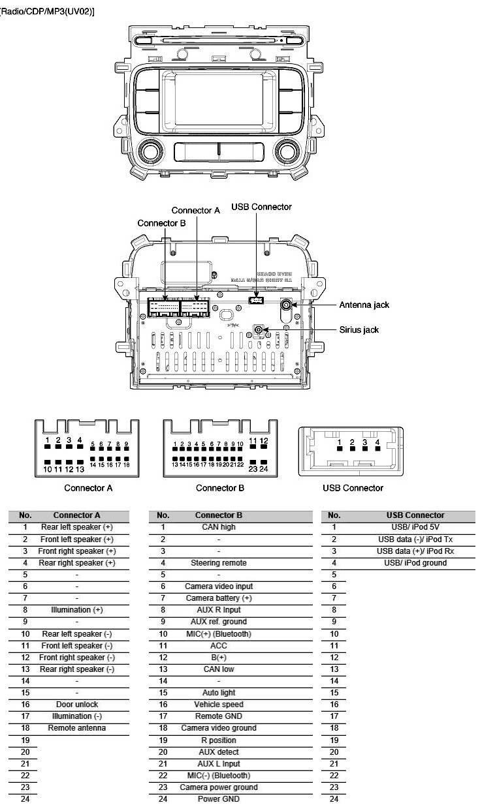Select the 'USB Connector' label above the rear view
(261, 207)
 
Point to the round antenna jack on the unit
(286, 305)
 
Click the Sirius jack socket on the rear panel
(259, 330)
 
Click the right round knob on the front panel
(287, 152)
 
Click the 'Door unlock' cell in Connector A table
(77, 705)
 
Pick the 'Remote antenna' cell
(77, 728)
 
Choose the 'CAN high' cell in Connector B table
(219, 527)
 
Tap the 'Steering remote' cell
(219, 562)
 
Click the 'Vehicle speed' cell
(219, 705)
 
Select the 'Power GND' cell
(219, 799)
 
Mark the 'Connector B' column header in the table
(219, 515)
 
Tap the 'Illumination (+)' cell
(77, 610)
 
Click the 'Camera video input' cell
(219, 586)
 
